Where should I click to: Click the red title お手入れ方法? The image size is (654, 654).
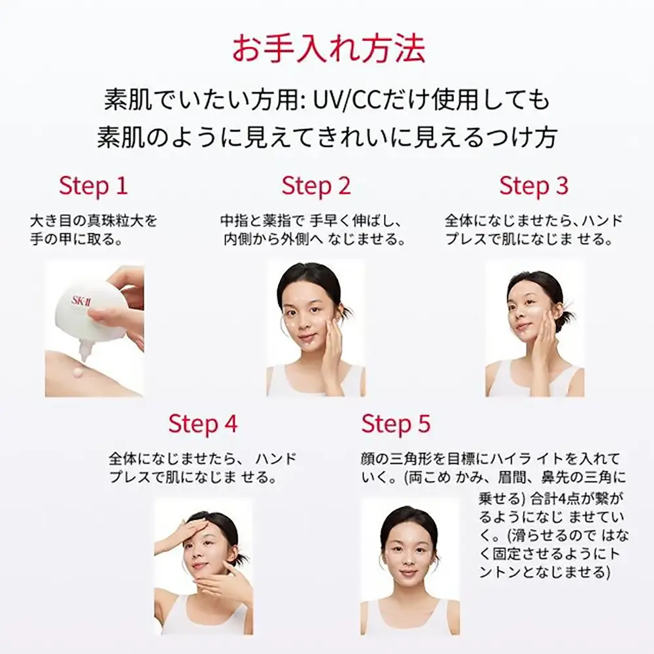click(x=328, y=49)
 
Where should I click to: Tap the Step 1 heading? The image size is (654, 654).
click(x=93, y=186)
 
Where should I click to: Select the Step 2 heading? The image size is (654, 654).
click(x=316, y=186)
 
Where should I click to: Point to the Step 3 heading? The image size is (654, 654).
click(x=534, y=186)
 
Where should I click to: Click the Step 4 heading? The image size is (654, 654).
click(x=203, y=424)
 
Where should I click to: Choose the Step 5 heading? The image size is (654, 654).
click(x=396, y=424)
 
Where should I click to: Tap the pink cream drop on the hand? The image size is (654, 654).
click(x=79, y=373)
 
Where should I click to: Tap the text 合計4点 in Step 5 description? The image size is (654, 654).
click(x=551, y=498)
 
